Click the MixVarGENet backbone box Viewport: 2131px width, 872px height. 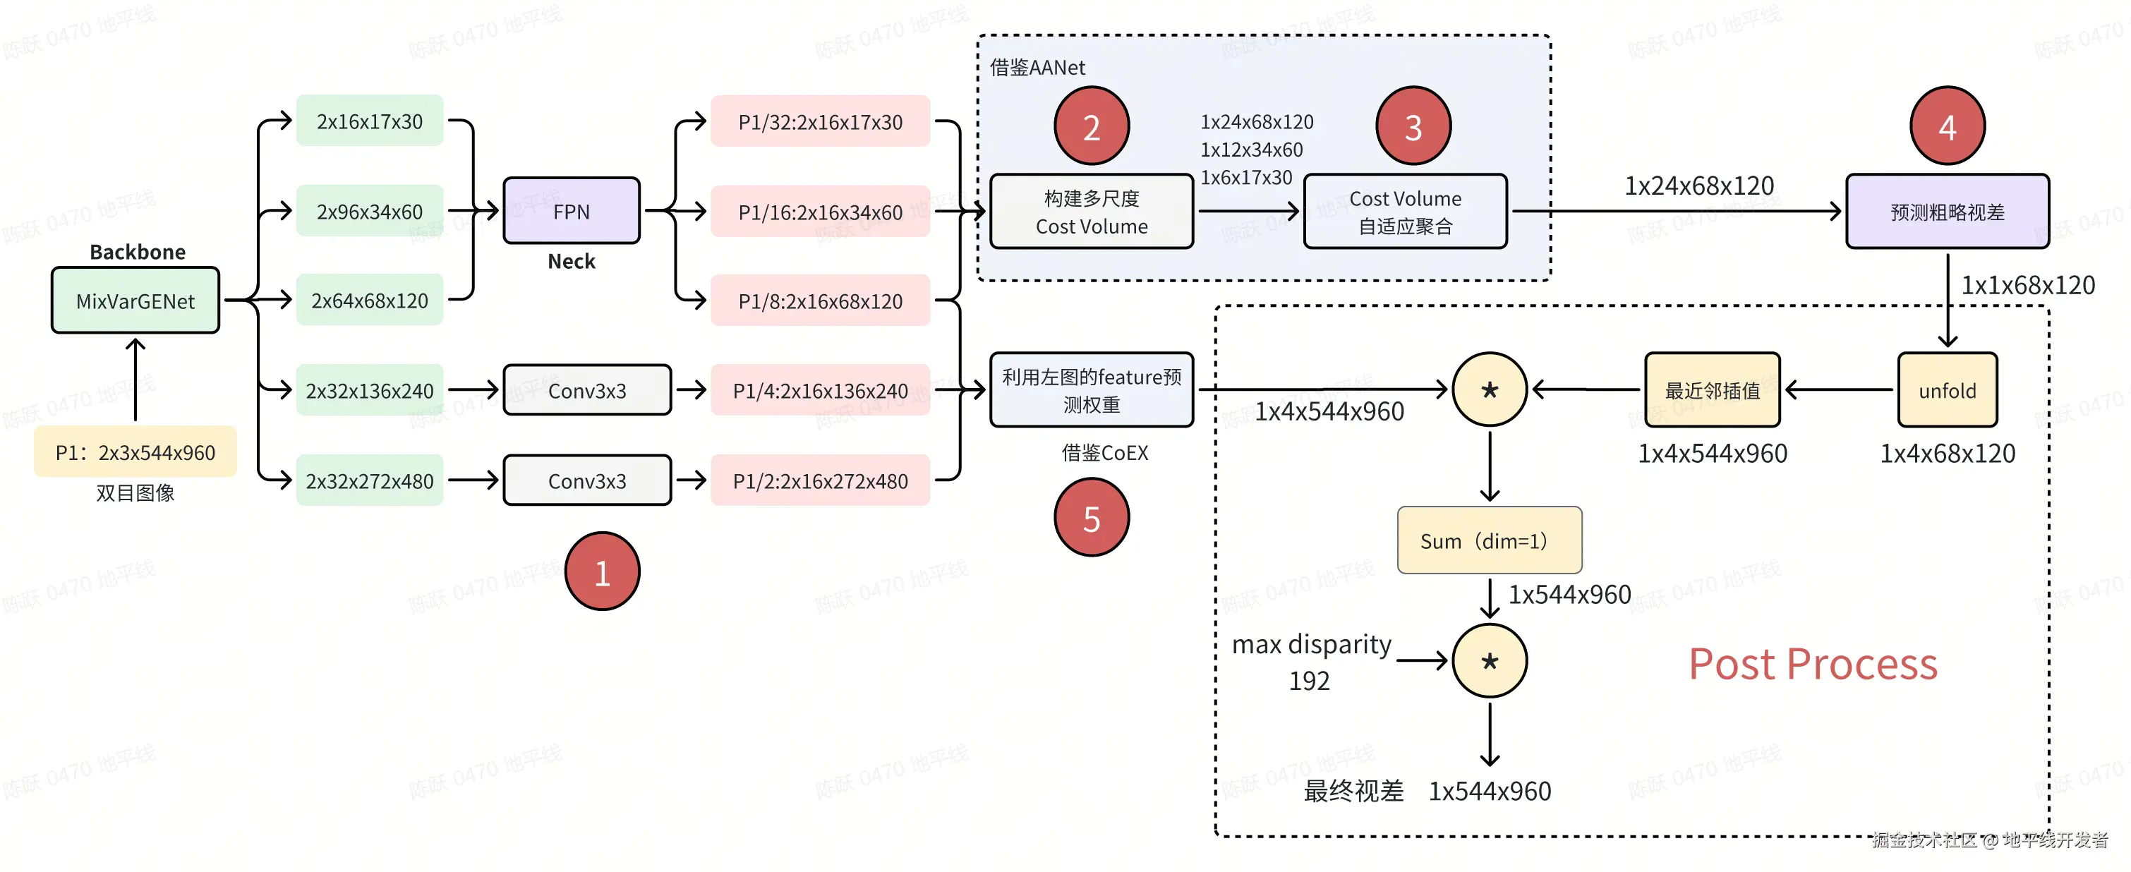[135, 301]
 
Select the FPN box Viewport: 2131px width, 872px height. [571, 211]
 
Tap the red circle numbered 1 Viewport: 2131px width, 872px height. [601, 571]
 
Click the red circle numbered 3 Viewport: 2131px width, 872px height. [1413, 126]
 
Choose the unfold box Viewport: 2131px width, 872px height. [1947, 389]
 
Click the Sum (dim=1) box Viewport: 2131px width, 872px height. [1489, 540]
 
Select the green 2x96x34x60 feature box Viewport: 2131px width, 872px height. [369, 211]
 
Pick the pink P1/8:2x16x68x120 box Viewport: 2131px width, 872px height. [820, 301]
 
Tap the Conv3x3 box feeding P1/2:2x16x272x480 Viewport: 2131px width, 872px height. [586, 480]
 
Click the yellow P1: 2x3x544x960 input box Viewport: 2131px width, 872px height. [135, 452]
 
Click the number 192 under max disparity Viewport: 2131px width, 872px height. [1309, 680]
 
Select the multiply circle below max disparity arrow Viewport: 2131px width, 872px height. [1489, 660]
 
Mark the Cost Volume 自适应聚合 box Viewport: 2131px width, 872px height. [1405, 211]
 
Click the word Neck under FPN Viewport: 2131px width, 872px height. [571, 262]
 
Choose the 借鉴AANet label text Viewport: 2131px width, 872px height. [1037, 67]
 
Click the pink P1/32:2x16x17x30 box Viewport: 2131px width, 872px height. [820, 121]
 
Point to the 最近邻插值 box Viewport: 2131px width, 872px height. [1712, 389]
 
